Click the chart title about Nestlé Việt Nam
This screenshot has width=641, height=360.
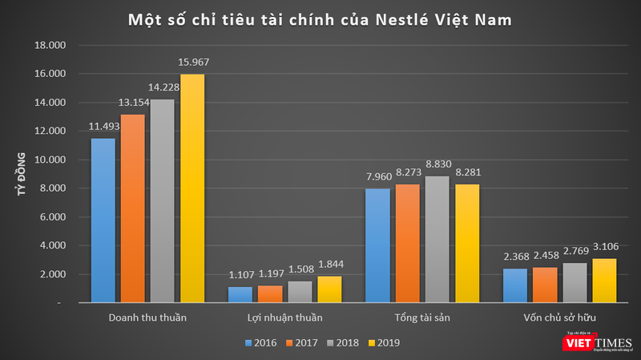point(320,18)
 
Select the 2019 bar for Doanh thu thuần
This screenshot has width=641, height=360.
point(192,188)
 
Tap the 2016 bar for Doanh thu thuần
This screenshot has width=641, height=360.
point(103,220)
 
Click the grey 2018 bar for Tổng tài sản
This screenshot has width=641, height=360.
point(436,240)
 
